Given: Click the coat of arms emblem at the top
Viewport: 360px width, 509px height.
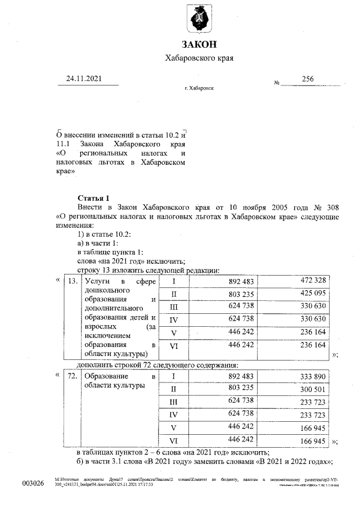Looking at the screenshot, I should (x=198, y=20).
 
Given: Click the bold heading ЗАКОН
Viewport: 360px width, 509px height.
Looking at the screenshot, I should (x=198, y=44).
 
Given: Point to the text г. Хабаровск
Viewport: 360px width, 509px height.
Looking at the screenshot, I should (x=199, y=89).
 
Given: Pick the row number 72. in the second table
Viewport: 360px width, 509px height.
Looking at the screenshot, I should (x=71, y=376).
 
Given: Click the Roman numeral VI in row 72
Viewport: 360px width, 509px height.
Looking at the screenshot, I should (x=174, y=440).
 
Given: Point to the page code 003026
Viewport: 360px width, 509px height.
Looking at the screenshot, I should (x=33, y=484).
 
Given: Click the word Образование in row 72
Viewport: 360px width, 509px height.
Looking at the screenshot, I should (x=104, y=376).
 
